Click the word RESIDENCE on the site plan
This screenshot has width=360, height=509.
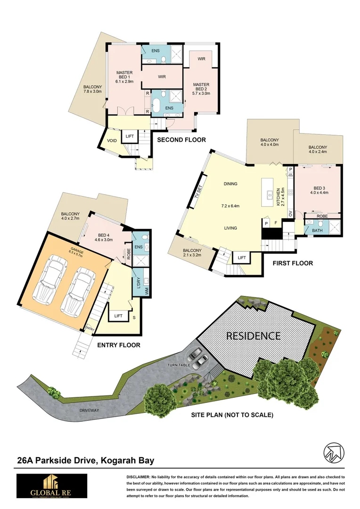point(254,336)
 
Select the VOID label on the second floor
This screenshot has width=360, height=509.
point(112,140)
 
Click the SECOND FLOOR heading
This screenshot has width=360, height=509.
point(181,140)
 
